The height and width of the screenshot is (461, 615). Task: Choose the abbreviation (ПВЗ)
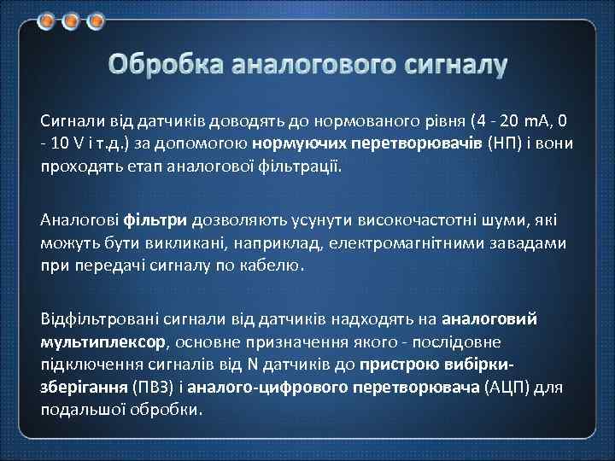click(x=153, y=386)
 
